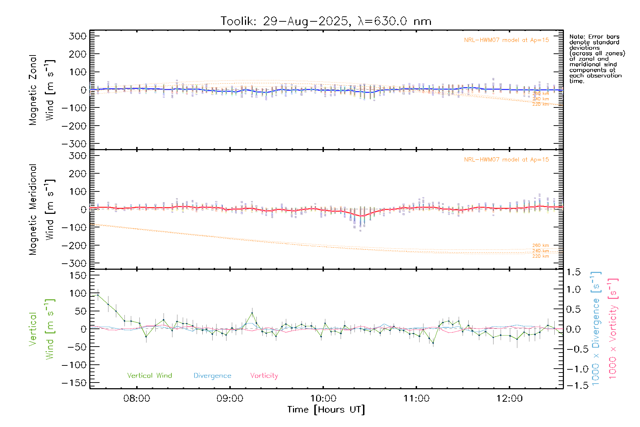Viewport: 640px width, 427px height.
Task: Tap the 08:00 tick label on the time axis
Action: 137,399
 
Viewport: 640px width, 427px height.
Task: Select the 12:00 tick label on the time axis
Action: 510,399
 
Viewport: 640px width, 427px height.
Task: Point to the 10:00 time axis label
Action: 323,399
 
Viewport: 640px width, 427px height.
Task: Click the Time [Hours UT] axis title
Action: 326,410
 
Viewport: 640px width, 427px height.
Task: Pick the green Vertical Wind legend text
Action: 149,376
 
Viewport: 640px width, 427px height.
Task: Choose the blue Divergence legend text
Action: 212,376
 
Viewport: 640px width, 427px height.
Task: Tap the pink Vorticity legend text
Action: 264,376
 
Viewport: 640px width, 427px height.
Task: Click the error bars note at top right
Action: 597,59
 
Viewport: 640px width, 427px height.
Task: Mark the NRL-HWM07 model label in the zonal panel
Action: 506,40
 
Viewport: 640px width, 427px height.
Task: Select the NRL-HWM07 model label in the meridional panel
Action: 506,160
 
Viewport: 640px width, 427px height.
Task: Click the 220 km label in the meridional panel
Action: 540,256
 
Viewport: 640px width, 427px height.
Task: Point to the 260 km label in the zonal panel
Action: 540,94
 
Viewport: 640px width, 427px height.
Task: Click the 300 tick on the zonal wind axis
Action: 78,36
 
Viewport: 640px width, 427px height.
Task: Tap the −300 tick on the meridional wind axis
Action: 74,264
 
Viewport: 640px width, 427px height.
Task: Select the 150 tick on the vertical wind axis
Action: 78,275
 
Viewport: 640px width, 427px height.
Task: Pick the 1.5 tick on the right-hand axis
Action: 574,273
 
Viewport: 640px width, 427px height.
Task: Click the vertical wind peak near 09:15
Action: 252,313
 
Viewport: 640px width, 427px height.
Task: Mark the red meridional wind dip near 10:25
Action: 362,216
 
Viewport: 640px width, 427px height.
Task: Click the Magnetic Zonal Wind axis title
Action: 41,90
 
